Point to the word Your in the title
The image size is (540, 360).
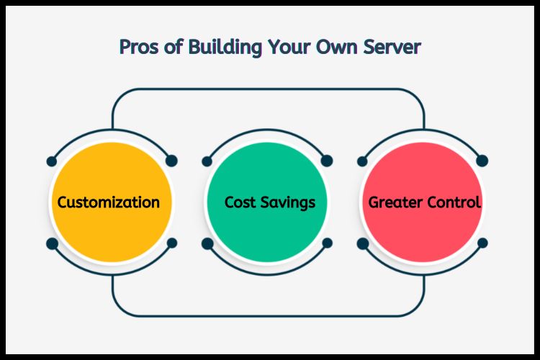click(x=291, y=48)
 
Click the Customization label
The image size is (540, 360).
click(x=109, y=202)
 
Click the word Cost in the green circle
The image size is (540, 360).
click(x=240, y=202)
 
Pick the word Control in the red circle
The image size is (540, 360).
click(x=454, y=202)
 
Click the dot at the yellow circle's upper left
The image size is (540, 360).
click(x=52, y=161)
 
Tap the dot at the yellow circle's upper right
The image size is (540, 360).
click(x=171, y=161)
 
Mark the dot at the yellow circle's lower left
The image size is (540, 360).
click(x=52, y=243)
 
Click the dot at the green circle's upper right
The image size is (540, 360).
click(x=327, y=161)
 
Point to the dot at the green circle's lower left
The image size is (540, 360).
click(x=207, y=243)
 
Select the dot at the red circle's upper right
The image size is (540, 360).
click(x=482, y=161)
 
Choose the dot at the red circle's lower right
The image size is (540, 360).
click(x=482, y=243)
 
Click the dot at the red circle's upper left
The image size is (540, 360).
click(x=363, y=161)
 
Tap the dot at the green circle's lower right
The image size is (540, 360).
click(x=327, y=243)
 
